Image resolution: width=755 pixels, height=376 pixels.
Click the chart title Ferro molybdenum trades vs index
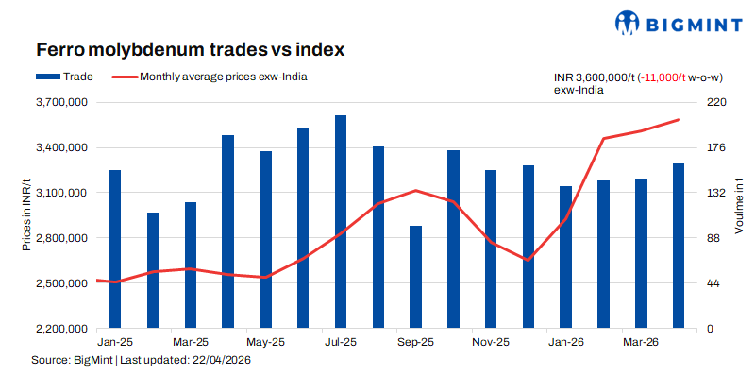(x=191, y=50)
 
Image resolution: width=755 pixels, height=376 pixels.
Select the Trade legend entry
(x=64, y=77)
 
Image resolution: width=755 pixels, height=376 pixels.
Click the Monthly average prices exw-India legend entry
(x=210, y=77)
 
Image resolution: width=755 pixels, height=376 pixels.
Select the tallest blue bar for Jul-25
(x=341, y=222)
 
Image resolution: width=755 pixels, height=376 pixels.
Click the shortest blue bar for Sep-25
(x=416, y=277)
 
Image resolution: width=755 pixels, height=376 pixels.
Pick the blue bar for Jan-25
(x=115, y=249)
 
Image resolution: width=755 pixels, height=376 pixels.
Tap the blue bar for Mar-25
(x=191, y=265)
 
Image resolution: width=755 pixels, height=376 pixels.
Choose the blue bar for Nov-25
(x=491, y=249)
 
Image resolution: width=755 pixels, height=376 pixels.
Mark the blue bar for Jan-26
(x=566, y=257)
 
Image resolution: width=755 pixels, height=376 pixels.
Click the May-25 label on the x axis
(x=265, y=342)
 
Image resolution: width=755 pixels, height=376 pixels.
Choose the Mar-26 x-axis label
(x=642, y=342)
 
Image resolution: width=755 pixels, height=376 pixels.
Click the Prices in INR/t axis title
(x=27, y=214)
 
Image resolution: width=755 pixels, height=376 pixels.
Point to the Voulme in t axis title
(x=740, y=206)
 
